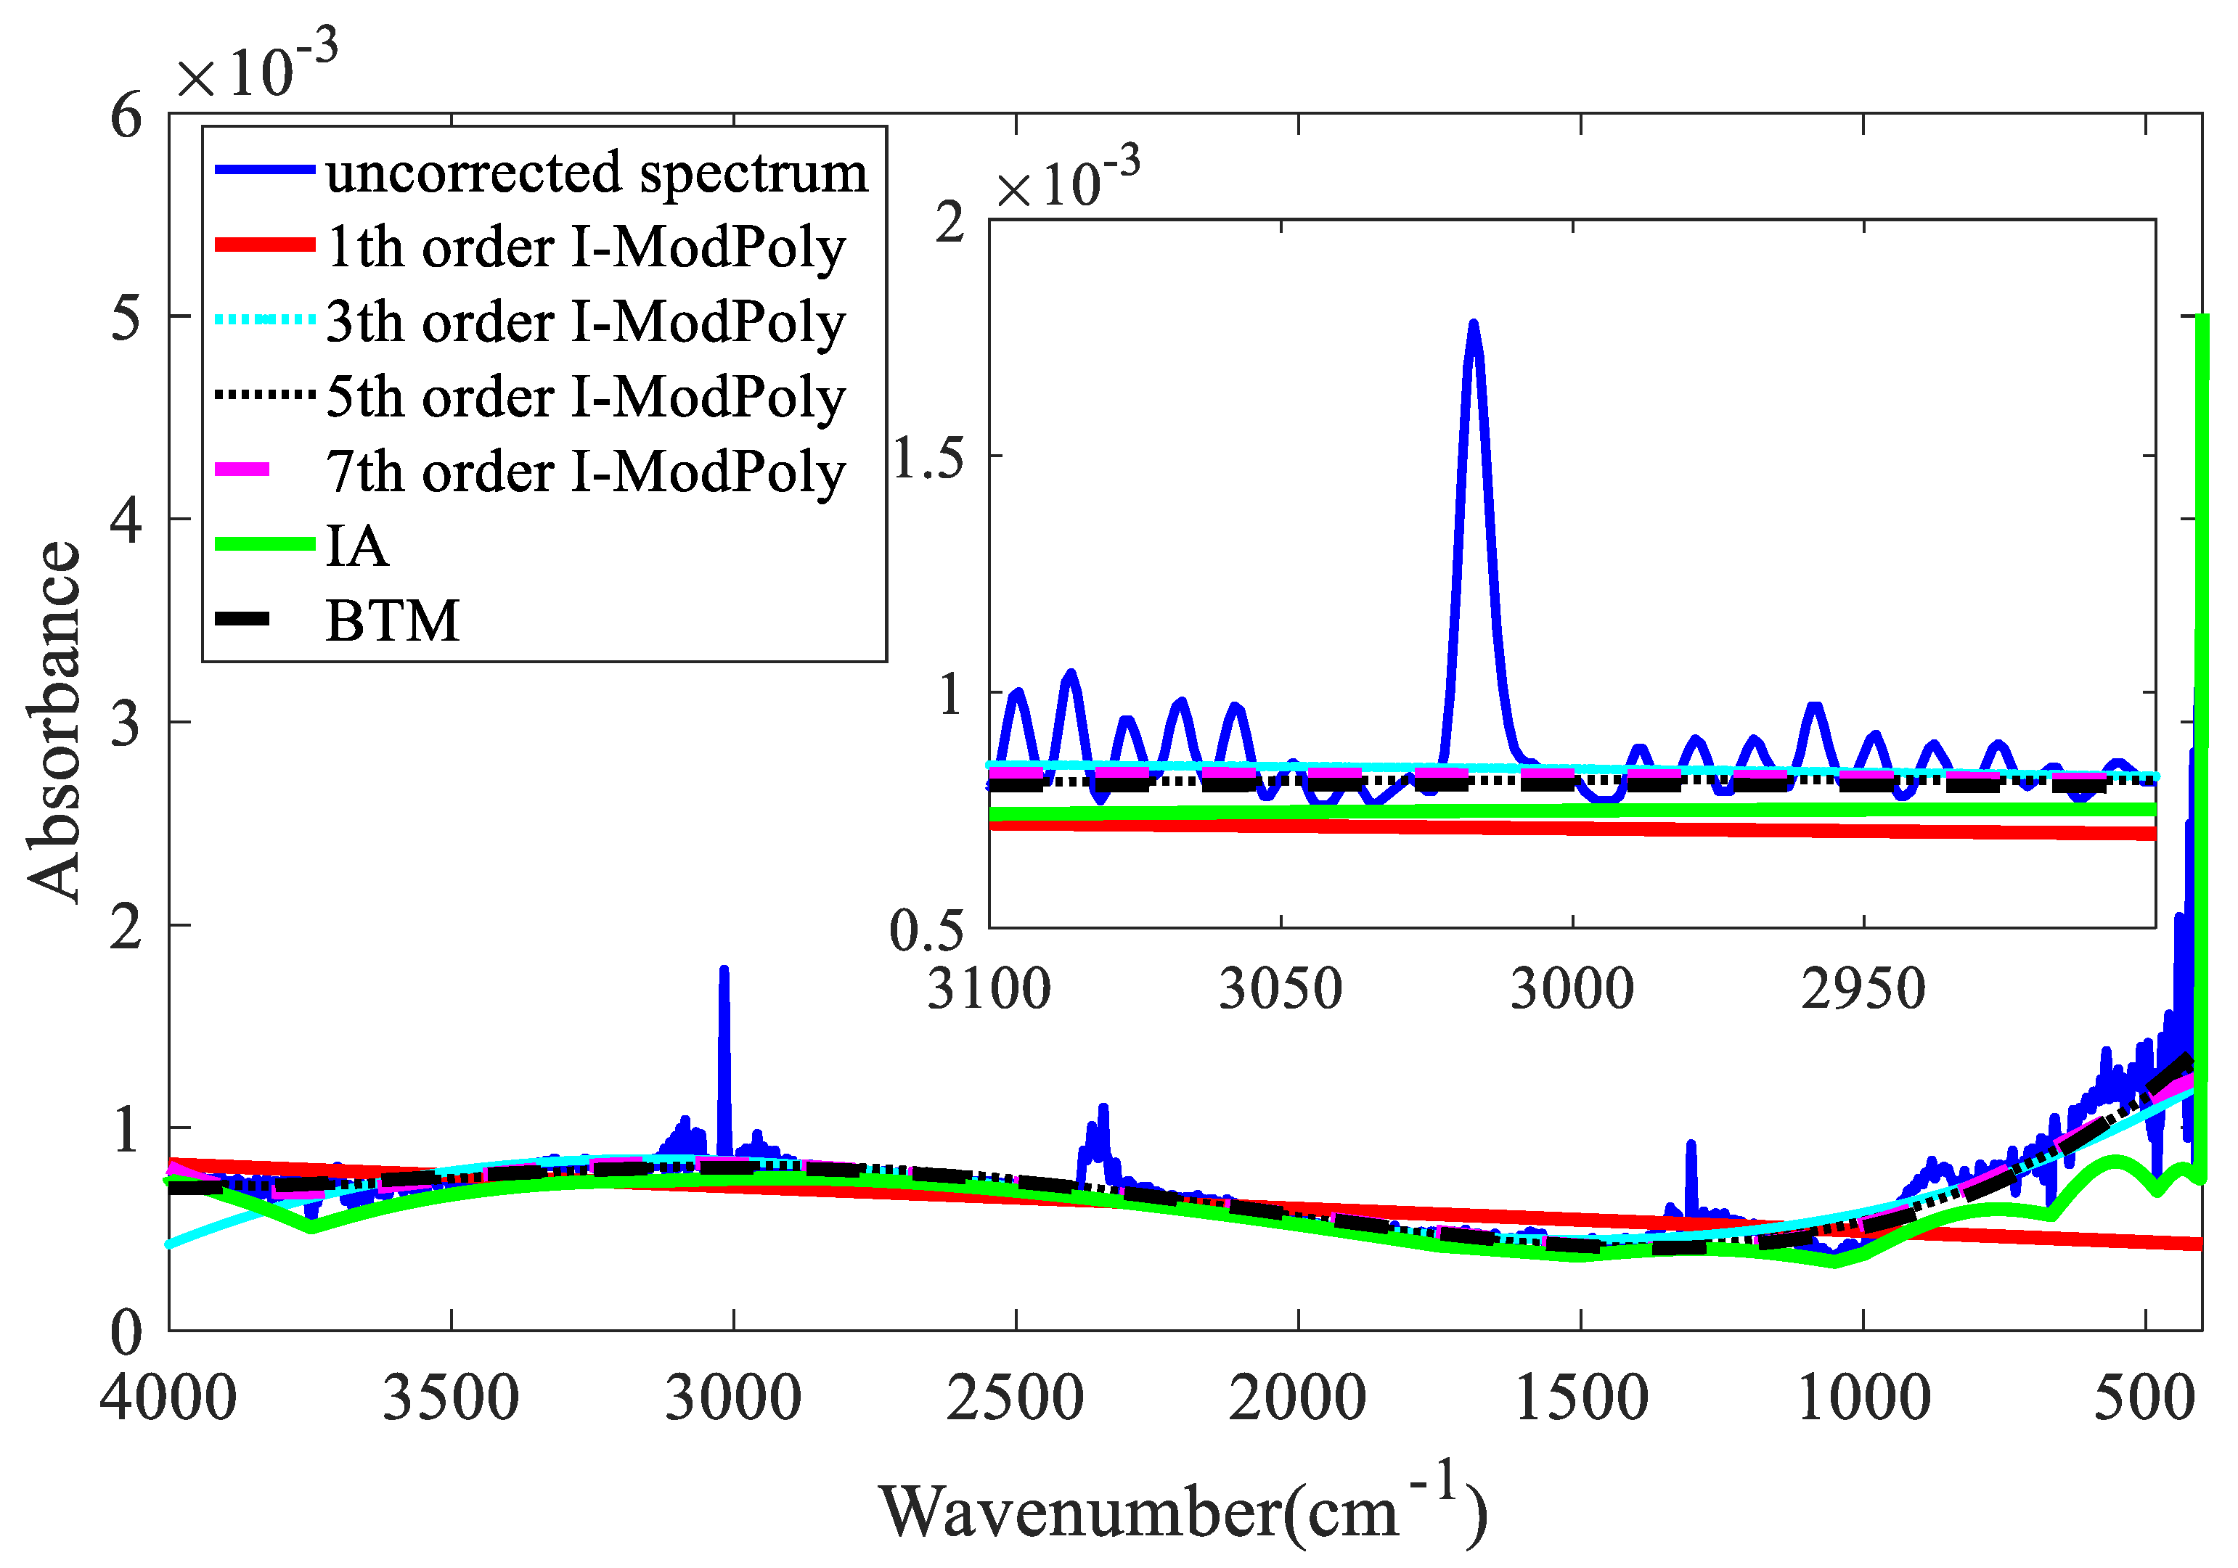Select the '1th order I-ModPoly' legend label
(585, 247)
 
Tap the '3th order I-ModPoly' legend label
(585, 323)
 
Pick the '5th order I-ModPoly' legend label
(585, 398)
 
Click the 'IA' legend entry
(356, 546)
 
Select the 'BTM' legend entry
(392, 621)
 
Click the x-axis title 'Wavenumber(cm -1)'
(1183, 1509)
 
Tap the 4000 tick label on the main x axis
(168, 1397)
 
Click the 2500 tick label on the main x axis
(1015, 1397)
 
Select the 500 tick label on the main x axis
(2144, 1397)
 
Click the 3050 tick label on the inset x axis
(1280, 989)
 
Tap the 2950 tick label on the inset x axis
(1863, 989)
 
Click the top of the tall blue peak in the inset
(1473, 327)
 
